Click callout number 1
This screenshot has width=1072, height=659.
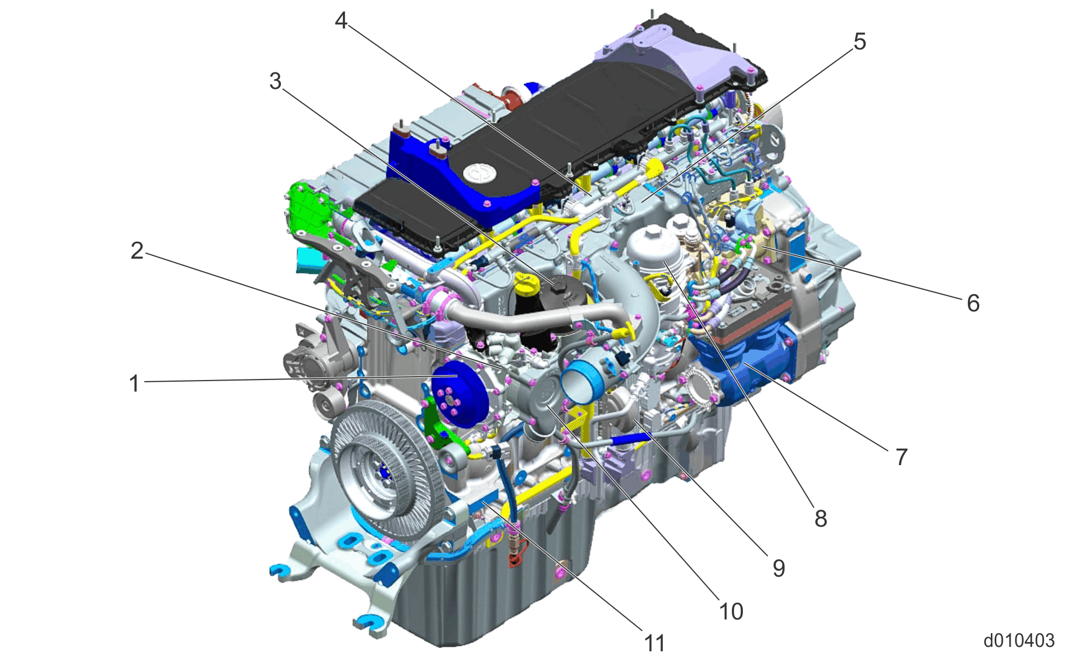[x=134, y=383]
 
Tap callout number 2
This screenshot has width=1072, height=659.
[x=137, y=251]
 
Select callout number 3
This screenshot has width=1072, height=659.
[x=275, y=81]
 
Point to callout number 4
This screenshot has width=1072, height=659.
[x=341, y=21]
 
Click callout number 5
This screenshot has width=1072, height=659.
[x=860, y=42]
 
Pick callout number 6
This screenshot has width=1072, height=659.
[x=973, y=303]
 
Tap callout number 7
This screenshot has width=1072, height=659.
[x=901, y=457]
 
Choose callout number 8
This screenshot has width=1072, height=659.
[x=821, y=518]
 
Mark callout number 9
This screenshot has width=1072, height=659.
[x=779, y=568]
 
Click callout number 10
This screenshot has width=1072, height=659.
[x=731, y=612]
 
